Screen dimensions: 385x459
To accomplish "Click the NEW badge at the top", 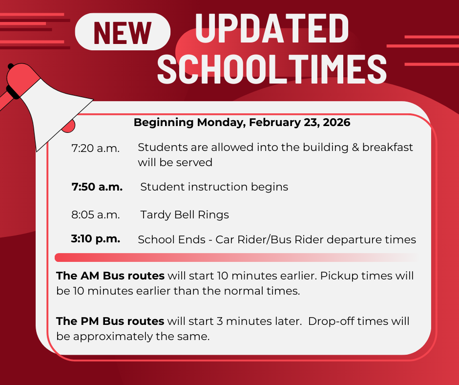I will (x=123, y=32).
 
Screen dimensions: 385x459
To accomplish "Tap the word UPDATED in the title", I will (x=272, y=29).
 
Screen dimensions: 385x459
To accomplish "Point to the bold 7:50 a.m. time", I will (x=97, y=187).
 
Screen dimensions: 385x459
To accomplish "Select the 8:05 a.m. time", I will (x=96, y=214).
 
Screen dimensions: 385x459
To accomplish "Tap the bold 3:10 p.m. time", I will (x=96, y=239).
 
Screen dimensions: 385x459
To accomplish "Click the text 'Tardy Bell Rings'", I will (x=185, y=214).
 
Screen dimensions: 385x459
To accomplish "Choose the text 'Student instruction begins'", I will (x=214, y=187).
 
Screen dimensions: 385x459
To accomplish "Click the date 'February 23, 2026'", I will (x=299, y=122).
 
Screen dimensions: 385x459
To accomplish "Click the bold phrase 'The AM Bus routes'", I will (x=110, y=276).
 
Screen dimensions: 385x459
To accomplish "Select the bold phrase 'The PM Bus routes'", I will (x=110, y=321).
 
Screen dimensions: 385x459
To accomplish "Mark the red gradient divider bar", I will (x=234, y=257).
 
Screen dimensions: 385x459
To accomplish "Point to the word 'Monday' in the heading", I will (x=218, y=122).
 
